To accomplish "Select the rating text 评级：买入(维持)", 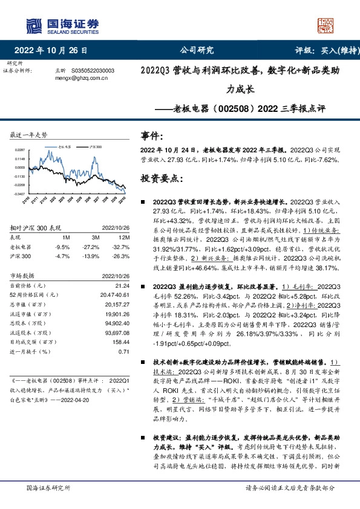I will [318, 50].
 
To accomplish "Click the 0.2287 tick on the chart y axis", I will [20, 149].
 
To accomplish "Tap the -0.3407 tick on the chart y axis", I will [20, 194].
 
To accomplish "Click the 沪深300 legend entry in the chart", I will [94, 146].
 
